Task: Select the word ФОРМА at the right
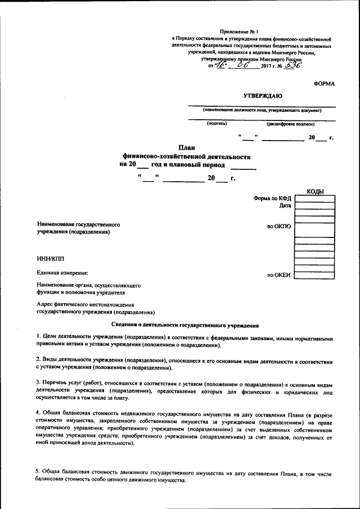(x=324, y=83)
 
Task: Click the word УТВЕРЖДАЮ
(x=262, y=97)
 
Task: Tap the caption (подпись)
(x=217, y=123)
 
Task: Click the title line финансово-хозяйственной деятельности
(x=186, y=156)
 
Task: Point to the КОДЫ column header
(x=315, y=192)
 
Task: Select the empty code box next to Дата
(x=315, y=205)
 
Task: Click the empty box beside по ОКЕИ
(x=315, y=275)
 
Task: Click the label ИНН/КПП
(x=51, y=258)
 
